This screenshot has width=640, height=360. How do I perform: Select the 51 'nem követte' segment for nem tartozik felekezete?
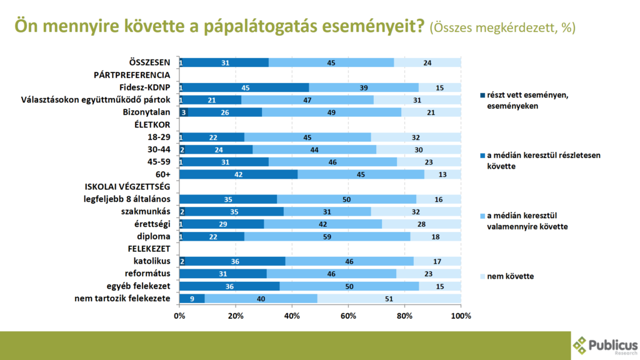coord(389,299)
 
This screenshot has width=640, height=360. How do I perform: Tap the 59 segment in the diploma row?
coord(327,237)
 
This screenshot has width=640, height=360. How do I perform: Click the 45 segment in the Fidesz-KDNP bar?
coord(246,87)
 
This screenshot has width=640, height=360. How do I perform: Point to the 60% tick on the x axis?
coord(348,314)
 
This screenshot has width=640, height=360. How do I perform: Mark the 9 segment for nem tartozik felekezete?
coord(192,299)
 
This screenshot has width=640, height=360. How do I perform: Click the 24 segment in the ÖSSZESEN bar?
coord(427,62)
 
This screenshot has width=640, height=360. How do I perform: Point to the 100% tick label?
coord(461,314)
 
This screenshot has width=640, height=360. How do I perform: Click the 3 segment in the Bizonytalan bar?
coord(184,112)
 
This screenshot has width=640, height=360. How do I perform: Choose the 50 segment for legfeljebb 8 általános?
coord(346,199)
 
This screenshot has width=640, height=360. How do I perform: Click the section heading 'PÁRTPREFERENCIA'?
coord(132,75)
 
